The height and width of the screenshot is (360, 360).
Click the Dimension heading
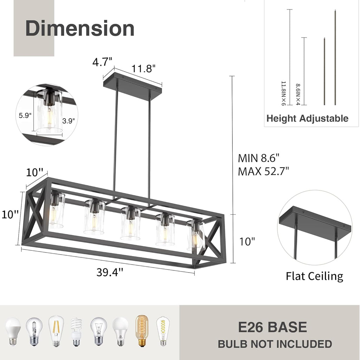(x=80, y=28)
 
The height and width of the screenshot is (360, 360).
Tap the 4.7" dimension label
(x=102, y=62)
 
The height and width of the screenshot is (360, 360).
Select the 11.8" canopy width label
(x=143, y=68)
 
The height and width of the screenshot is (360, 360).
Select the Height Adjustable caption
(x=307, y=118)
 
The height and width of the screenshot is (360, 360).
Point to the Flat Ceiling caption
(x=314, y=276)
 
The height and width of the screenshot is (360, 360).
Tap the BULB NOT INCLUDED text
(x=275, y=344)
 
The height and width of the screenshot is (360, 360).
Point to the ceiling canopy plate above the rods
(x=133, y=81)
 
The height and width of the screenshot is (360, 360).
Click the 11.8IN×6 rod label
(x=283, y=93)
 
